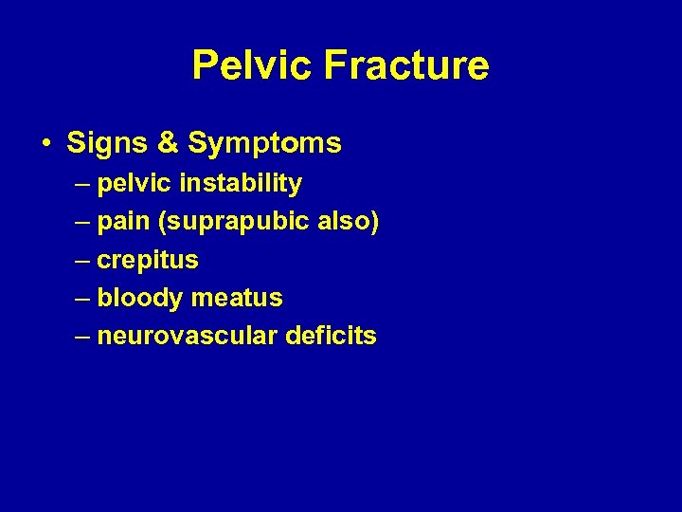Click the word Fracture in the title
(x=406, y=66)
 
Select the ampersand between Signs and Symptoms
(x=167, y=143)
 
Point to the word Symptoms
(x=264, y=144)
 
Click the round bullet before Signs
(x=46, y=144)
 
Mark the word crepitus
(x=148, y=260)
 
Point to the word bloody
(x=140, y=298)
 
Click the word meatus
(x=237, y=298)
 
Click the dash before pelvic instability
(x=81, y=183)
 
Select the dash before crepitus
(x=81, y=260)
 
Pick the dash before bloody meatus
(x=81, y=298)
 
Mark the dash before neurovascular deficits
(x=81, y=336)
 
